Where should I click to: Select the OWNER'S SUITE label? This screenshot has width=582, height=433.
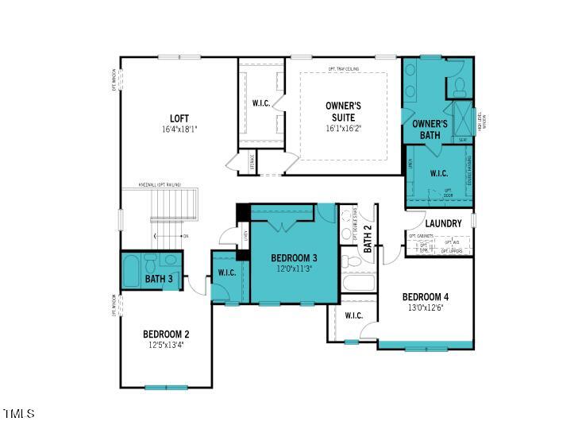click(x=344, y=111)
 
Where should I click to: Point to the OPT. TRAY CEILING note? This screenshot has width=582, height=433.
click(x=343, y=70)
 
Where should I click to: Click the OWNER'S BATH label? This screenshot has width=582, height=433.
click(x=430, y=130)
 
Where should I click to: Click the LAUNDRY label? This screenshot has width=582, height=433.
click(x=443, y=223)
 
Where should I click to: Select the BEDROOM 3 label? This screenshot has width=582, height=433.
click(x=294, y=258)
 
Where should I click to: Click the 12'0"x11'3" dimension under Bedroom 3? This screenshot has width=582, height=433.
click(x=294, y=269)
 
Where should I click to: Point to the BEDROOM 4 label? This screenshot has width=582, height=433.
click(x=425, y=297)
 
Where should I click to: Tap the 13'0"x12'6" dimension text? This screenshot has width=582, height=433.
click(x=425, y=308)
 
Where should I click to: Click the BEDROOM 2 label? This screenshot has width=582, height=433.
click(x=166, y=334)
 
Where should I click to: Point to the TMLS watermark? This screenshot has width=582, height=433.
click(x=19, y=414)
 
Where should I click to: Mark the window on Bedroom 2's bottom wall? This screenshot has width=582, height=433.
click(x=166, y=387)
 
